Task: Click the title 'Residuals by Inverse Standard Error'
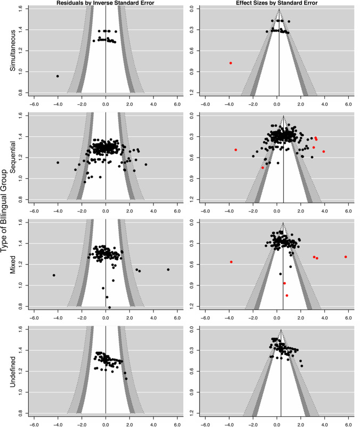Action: pos(106,3)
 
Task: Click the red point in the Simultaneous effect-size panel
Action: pos(231,63)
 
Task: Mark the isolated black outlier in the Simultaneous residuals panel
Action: pos(58,76)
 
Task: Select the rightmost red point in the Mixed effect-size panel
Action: pos(346,257)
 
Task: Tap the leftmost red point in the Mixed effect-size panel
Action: pos(231,262)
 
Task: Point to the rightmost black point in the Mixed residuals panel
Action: pos(168,269)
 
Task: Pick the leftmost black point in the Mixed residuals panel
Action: pos(54,275)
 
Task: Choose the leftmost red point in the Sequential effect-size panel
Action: pos(235,150)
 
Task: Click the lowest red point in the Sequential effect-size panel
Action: pos(263,168)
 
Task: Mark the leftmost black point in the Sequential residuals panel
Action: pos(58,162)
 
